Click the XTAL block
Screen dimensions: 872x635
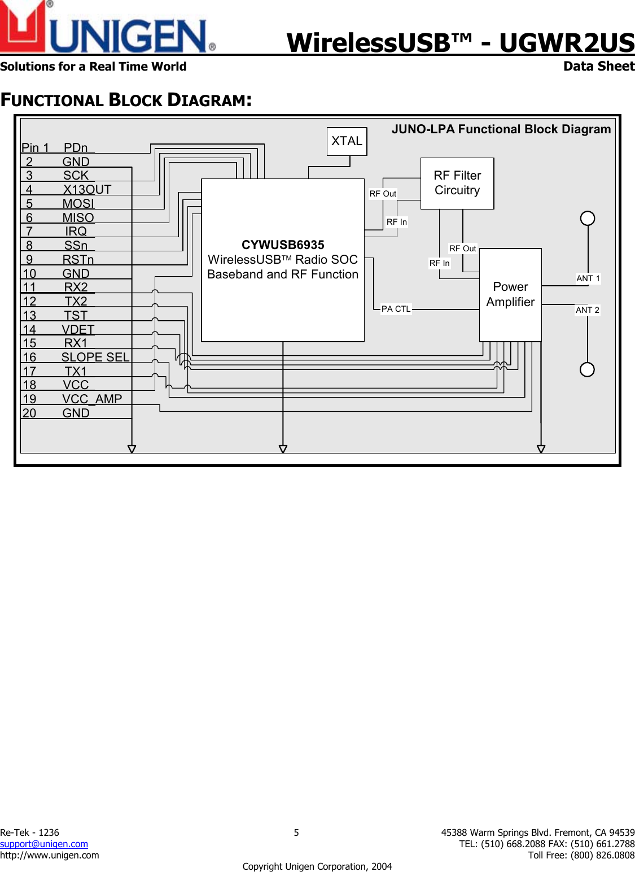click(347, 141)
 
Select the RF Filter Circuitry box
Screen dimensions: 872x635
click(457, 184)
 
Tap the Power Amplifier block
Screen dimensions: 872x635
click(510, 295)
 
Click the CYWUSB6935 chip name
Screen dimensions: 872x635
click(283, 245)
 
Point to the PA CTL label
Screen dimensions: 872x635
click(396, 309)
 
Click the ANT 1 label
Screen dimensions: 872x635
click(588, 278)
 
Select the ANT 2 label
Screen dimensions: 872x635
click(587, 310)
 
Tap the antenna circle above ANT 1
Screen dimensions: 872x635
click(588, 218)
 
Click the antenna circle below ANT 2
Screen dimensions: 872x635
click(587, 369)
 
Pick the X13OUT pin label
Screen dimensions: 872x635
click(87, 189)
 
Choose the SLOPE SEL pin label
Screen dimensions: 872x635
click(95, 357)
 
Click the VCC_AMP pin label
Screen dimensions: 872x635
click(91, 399)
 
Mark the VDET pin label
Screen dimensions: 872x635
click(78, 329)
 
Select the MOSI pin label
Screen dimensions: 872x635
click(78, 203)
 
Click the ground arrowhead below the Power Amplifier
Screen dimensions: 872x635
click(541, 449)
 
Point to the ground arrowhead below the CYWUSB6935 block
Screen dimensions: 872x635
click(283, 449)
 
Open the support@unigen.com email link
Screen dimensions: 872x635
click(44, 844)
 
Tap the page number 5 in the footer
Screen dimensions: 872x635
click(296, 832)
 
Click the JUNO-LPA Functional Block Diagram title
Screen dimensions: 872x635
click(501, 129)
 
